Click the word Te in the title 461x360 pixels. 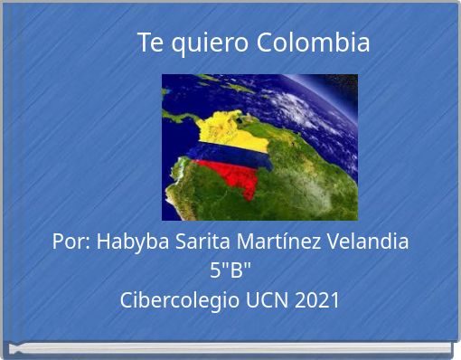click(x=149, y=43)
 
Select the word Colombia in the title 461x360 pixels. click(x=313, y=43)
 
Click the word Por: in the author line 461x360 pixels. click(x=71, y=242)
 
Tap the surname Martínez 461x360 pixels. click(x=282, y=242)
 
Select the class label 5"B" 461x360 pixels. click(x=230, y=270)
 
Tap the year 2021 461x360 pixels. click(x=317, y=300)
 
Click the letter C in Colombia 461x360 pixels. click(x=264, y=43)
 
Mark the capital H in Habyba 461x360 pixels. click(x=102, y=242)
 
